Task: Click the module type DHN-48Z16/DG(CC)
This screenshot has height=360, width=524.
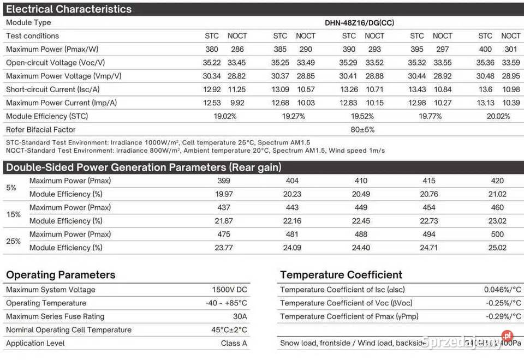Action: pos(360,23)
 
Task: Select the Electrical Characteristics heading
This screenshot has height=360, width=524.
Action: pos(69,9)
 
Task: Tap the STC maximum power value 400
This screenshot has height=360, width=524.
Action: pos(485,49)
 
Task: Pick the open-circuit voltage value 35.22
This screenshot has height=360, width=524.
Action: pos(212,63)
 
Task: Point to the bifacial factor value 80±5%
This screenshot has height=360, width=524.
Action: pos(362,130)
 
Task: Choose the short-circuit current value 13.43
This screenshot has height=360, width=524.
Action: pos(417,89)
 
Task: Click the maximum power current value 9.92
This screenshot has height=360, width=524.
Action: pos(237,103)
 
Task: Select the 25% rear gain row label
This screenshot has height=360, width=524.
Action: pos(14,241)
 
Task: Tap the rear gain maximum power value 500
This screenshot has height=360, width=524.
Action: pos(497,235)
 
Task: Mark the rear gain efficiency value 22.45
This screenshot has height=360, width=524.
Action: pos(361,221)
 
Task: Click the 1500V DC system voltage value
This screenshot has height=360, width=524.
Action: pos(229,290)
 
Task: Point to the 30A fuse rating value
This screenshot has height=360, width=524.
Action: pos(240,316)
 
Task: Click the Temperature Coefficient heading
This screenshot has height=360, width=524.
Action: pos(341,275)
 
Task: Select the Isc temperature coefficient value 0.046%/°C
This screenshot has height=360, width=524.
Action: pos(502,290)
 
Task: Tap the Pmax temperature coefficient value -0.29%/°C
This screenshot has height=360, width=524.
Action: pos(503,316)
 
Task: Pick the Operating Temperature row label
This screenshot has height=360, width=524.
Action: pos(46,303)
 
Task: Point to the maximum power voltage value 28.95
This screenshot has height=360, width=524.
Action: pos(511,76)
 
